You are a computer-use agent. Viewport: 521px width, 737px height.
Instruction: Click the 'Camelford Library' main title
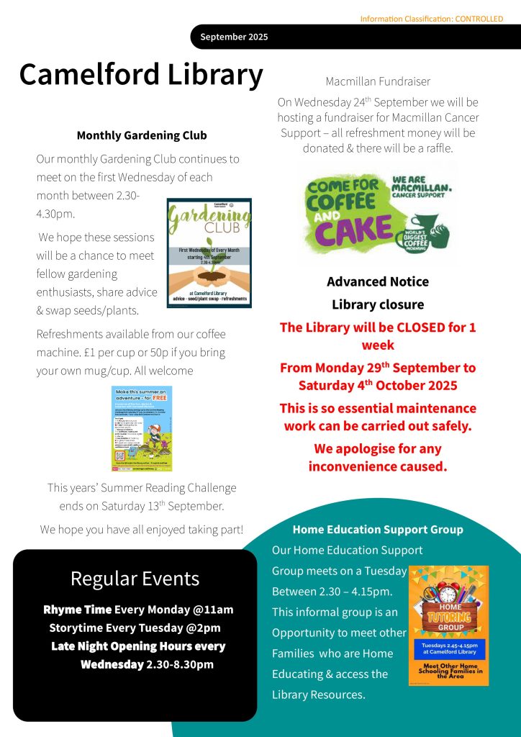point(141,75)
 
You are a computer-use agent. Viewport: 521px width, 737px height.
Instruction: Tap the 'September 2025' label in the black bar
point(234,37)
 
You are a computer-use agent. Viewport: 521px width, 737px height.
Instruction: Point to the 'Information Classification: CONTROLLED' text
point(431,19)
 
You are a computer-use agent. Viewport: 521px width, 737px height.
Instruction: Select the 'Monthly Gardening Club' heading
point(141,135)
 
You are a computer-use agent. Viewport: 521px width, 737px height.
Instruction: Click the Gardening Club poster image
point(209,253)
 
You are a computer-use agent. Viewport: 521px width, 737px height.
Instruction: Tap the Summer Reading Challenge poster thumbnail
point(142,428)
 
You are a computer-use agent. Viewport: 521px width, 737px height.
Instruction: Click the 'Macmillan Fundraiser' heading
point(377,81)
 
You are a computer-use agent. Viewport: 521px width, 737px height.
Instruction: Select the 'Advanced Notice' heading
point(377,281)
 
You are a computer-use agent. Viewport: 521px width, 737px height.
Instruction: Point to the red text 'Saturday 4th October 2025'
point(377,385)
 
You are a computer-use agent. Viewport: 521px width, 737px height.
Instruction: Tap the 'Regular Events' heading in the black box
point(135,578)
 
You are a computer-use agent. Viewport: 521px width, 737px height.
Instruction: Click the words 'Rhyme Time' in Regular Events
point(78,610)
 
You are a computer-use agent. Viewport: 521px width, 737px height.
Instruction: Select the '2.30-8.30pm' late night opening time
point(180,664)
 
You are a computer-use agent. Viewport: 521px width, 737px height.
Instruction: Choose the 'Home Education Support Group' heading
point(377,530)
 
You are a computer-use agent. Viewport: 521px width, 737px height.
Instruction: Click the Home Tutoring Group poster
point(448,625)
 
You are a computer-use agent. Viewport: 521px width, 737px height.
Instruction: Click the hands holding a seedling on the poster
point(208,276)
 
